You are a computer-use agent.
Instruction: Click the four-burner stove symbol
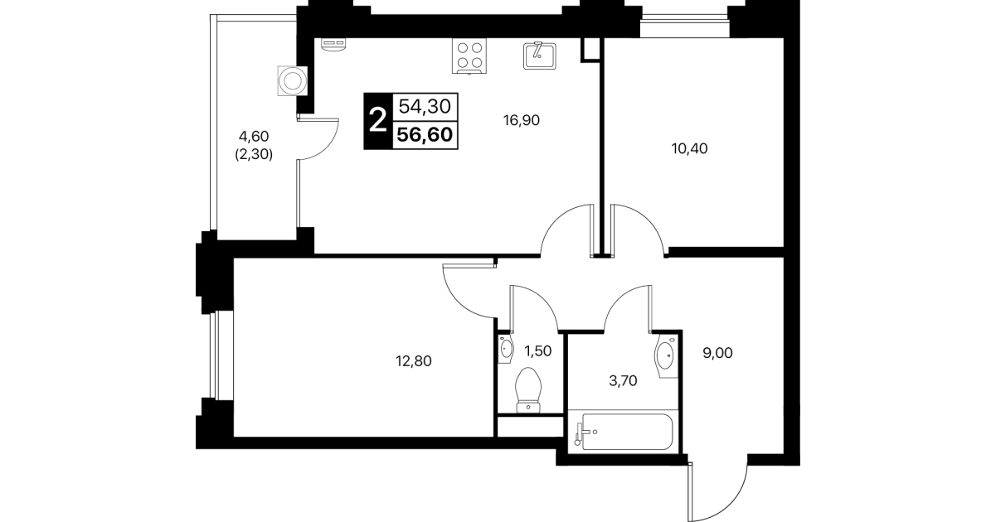coord(469,56)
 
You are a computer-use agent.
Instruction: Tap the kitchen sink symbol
coord(539,56)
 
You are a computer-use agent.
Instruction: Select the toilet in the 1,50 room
coord(528,390)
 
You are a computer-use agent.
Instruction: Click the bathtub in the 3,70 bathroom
coord(624,432)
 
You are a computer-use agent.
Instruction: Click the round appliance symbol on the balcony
coord(292,81)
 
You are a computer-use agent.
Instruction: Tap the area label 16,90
coord(522,120)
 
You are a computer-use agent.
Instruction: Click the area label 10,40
coord(689,148)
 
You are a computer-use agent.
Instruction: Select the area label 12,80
coord(414,361)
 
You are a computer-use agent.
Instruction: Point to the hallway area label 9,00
coord(717,353)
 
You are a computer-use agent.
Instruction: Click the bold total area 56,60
coord(425,134)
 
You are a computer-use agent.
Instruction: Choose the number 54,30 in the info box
coord(425,107)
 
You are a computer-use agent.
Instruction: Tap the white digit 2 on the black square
coord(378,121)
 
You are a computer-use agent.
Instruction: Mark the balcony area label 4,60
coord(254,136)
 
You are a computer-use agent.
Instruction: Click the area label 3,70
coord(623,380)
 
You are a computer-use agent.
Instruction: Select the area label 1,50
coord(538,351)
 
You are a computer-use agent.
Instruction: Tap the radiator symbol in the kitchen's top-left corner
coord(333,45)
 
